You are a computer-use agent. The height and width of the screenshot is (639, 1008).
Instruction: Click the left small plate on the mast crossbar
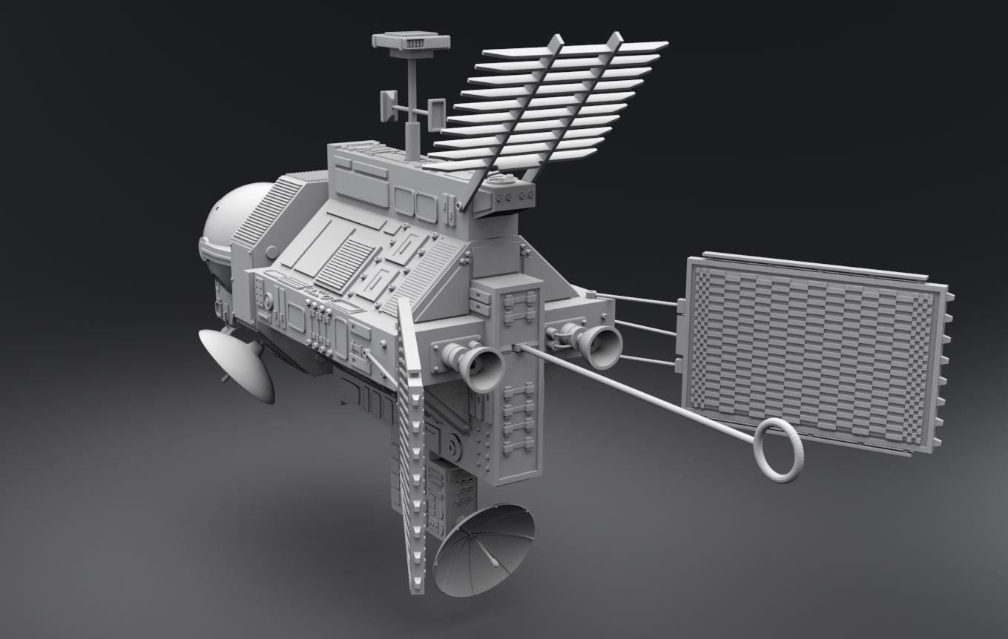(388, 107)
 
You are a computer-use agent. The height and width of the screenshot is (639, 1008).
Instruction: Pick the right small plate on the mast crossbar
(437, 113)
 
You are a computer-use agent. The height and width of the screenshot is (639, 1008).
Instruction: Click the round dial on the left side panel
(269, 301)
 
